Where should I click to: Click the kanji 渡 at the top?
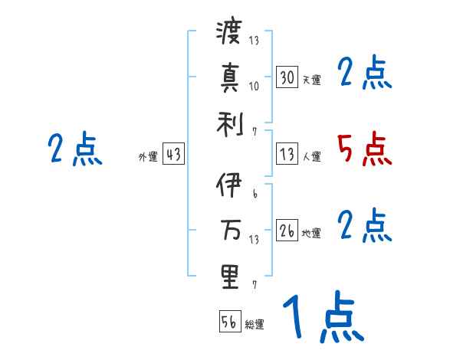click(x=229, y=35)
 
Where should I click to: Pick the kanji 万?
click(x=229, y=231)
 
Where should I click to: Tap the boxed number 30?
click(x=287, y=77)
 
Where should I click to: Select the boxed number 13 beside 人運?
click(x=287, y=153)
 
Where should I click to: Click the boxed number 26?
click(x=287, y=230)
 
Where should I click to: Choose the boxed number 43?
click(x=173, y=154)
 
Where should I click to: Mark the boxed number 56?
click(x=229, y=321)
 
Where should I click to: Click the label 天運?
click(x=311, y=80)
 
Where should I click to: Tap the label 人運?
click(x=311, y=156)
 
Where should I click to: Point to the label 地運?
click(x=311, y=233)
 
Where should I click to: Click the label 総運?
click(x=255, y=324)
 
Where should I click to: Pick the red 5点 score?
click(x=364, y=149)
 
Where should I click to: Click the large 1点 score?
click(x=322, y=319)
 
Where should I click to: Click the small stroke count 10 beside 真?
click(x=254, y=85)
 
